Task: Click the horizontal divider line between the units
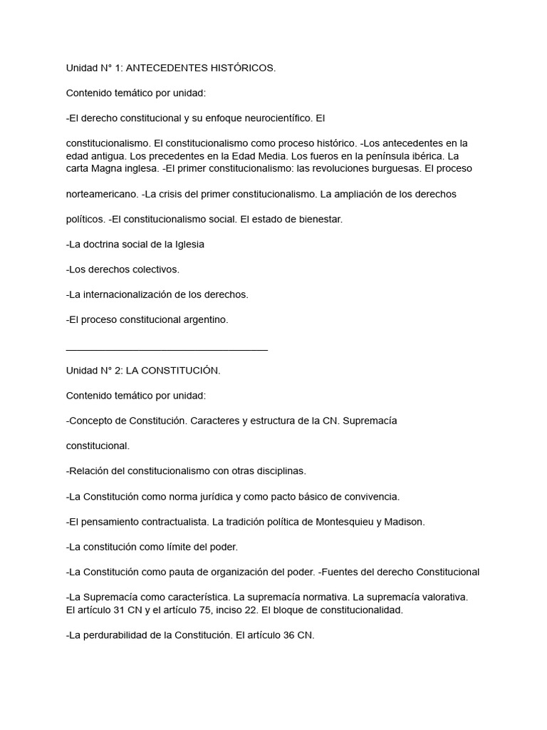coord(167,349)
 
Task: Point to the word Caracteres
coord(215,421)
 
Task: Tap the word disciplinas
coord(276,471)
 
